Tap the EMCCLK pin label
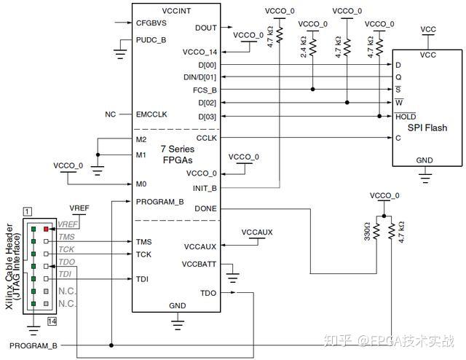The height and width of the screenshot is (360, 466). [x=151, y=114]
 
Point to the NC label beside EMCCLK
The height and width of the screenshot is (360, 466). [x=110, y=114]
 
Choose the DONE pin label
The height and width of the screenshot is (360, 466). [x=205, y=209]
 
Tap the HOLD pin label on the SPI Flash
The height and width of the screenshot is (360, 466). [x=406, y=117]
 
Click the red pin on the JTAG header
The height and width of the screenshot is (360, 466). [x=45, y=228]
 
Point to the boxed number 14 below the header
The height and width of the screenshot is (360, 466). [x=52, y=321]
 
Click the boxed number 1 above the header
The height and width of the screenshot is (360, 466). [x=27, y=211]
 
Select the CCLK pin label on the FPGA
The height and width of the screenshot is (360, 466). [x=206, y=138]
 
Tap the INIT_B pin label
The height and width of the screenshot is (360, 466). [x=205, y=187]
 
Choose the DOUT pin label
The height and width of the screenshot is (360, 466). [x=206, y=28]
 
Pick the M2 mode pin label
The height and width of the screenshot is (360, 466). [x=141, y=139]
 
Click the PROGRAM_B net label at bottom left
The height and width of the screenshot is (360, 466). [x=33, y=345]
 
